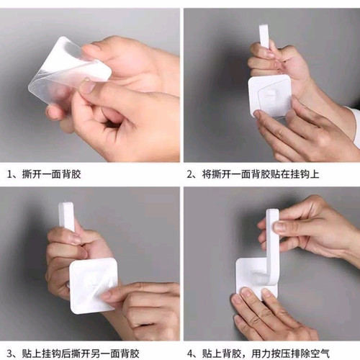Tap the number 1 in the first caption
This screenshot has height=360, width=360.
coord(9,174)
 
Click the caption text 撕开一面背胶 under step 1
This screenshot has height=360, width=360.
coord(51,174)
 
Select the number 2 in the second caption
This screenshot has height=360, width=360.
coord(190,174)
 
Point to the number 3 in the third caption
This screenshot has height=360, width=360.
coord(9,354)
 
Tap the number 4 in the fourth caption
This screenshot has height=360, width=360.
coord(190,354)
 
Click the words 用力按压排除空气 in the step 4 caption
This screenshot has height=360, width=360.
coord(291,354)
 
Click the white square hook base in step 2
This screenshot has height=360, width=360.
coord(270,96)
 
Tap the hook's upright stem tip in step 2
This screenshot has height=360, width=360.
coord(264,27)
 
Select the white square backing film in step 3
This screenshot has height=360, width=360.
coord(93,286)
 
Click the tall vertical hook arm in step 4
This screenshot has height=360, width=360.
coord(272,245)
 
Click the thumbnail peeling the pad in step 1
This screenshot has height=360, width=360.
coord(86,87)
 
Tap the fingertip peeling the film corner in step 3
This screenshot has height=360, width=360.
coord(106,296)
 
